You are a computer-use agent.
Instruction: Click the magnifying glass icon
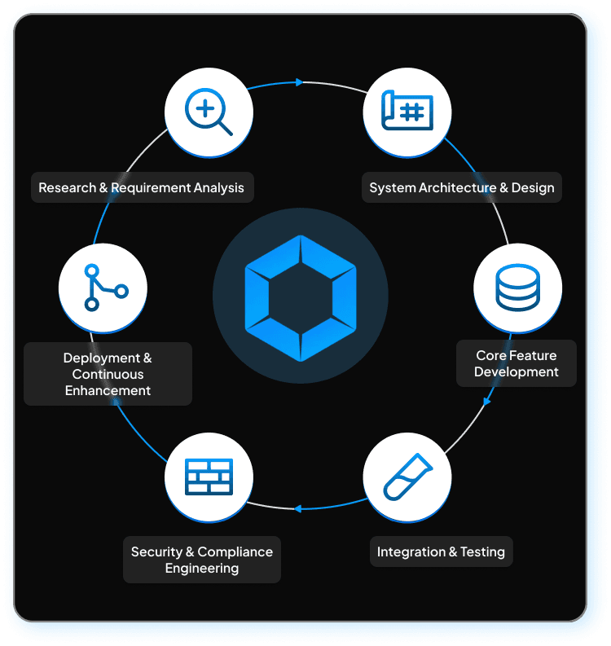tap(209, 112)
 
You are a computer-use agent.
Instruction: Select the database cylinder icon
tap(517, 288)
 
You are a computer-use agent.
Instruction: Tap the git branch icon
tap(103, 287)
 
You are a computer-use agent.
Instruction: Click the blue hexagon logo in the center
tap(301, 297)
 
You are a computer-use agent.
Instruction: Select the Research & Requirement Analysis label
tap(141, 187)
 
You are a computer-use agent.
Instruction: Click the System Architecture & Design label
tap(461, 187)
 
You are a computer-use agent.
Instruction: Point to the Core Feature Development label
tap(516, 363)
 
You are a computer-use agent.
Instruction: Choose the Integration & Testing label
tap(441, 552)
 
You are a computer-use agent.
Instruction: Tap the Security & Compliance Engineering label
tap(202, 560)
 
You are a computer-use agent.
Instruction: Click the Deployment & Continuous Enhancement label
tap(108, 374)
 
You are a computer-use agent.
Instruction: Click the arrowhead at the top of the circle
tap(300, 82)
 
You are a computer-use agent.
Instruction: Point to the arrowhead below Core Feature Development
tap(487, 401)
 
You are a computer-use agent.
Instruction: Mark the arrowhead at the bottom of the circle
tap(298, 508)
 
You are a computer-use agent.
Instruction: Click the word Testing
tap(482, 552)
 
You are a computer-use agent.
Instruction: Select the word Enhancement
tap(108, 390)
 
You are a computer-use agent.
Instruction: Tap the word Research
tap(67, 187)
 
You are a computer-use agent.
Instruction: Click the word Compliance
tap(235, 552)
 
